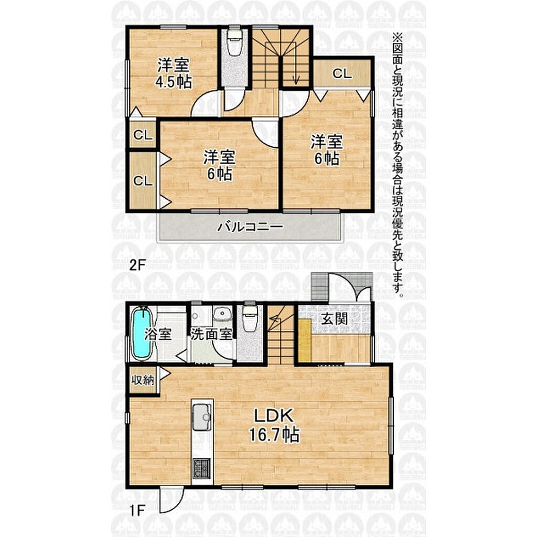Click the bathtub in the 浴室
[142, 333]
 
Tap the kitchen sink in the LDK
[202, 417]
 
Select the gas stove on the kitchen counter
[201, 468]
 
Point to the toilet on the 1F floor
[250, 317]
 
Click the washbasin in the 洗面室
[222, 314]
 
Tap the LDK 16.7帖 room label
[274, 425]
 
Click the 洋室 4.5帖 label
[174, 73]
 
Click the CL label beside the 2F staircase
[342, 73]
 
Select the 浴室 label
[158, 334]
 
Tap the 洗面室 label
[211, 334]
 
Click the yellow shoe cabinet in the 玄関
[305, 339]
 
